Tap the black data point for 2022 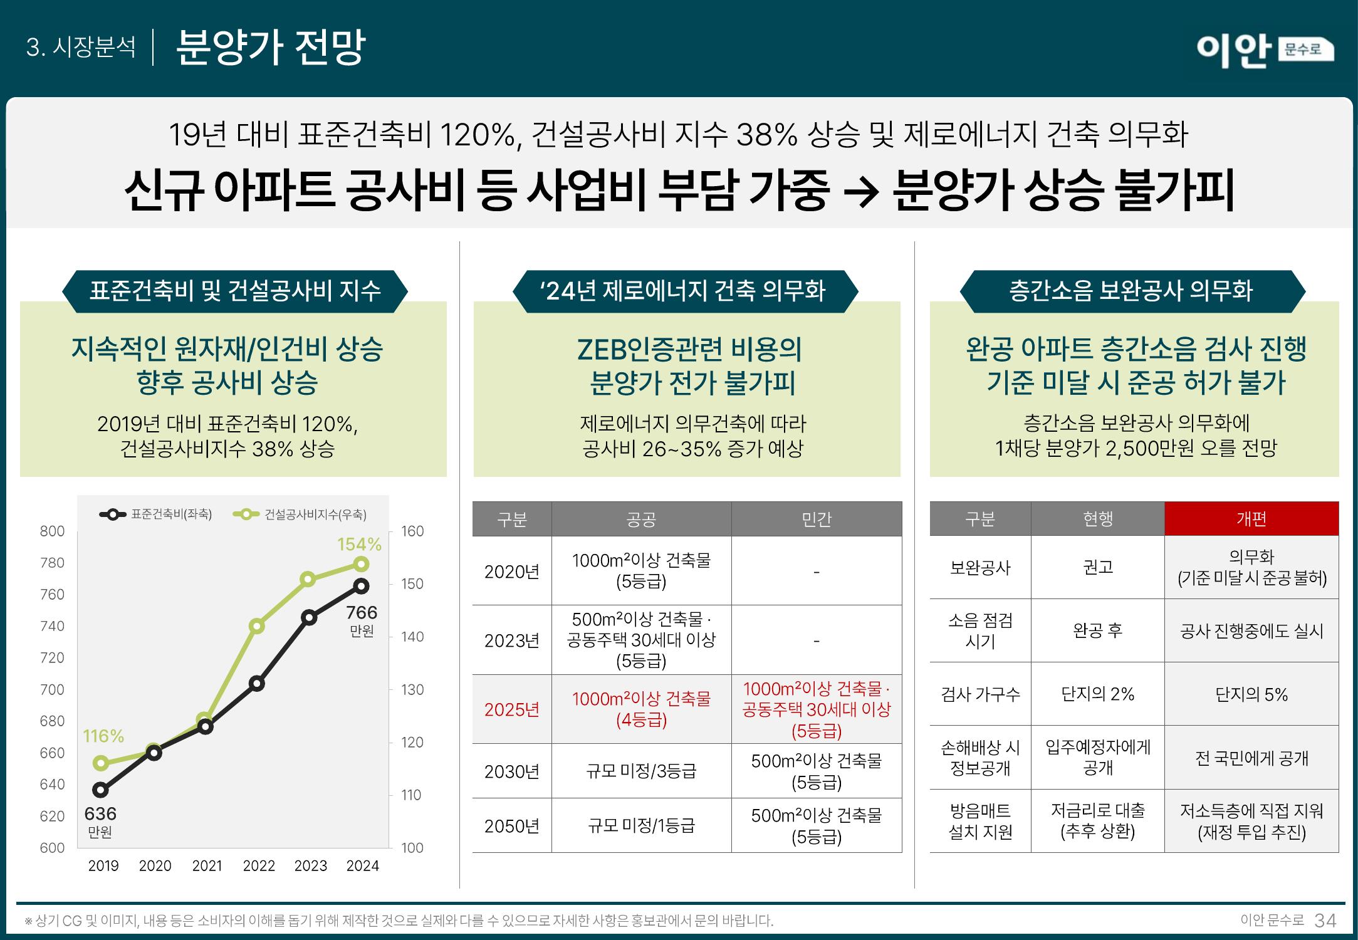tap(256, 683)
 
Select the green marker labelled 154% tap(361, 564)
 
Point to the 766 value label tap(362, 612)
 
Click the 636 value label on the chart tap(100, 813)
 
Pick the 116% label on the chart tap(103, 736)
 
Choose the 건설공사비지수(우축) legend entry tap(300, 514)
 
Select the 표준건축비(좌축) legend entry tap(156, 514)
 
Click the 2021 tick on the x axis tap(207, 865)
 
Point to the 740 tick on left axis tap(52, 626)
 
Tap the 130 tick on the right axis tap(412, 689)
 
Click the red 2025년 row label tap(511, 709)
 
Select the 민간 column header tap(816, 519)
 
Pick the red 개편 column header tap(1251, 519)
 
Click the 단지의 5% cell tap(1251, 694)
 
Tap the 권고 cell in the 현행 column tap(1097, 567)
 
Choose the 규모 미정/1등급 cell tap(641, 825)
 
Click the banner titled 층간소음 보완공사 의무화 tap(1132, 291)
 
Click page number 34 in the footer tap(1325, 921)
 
